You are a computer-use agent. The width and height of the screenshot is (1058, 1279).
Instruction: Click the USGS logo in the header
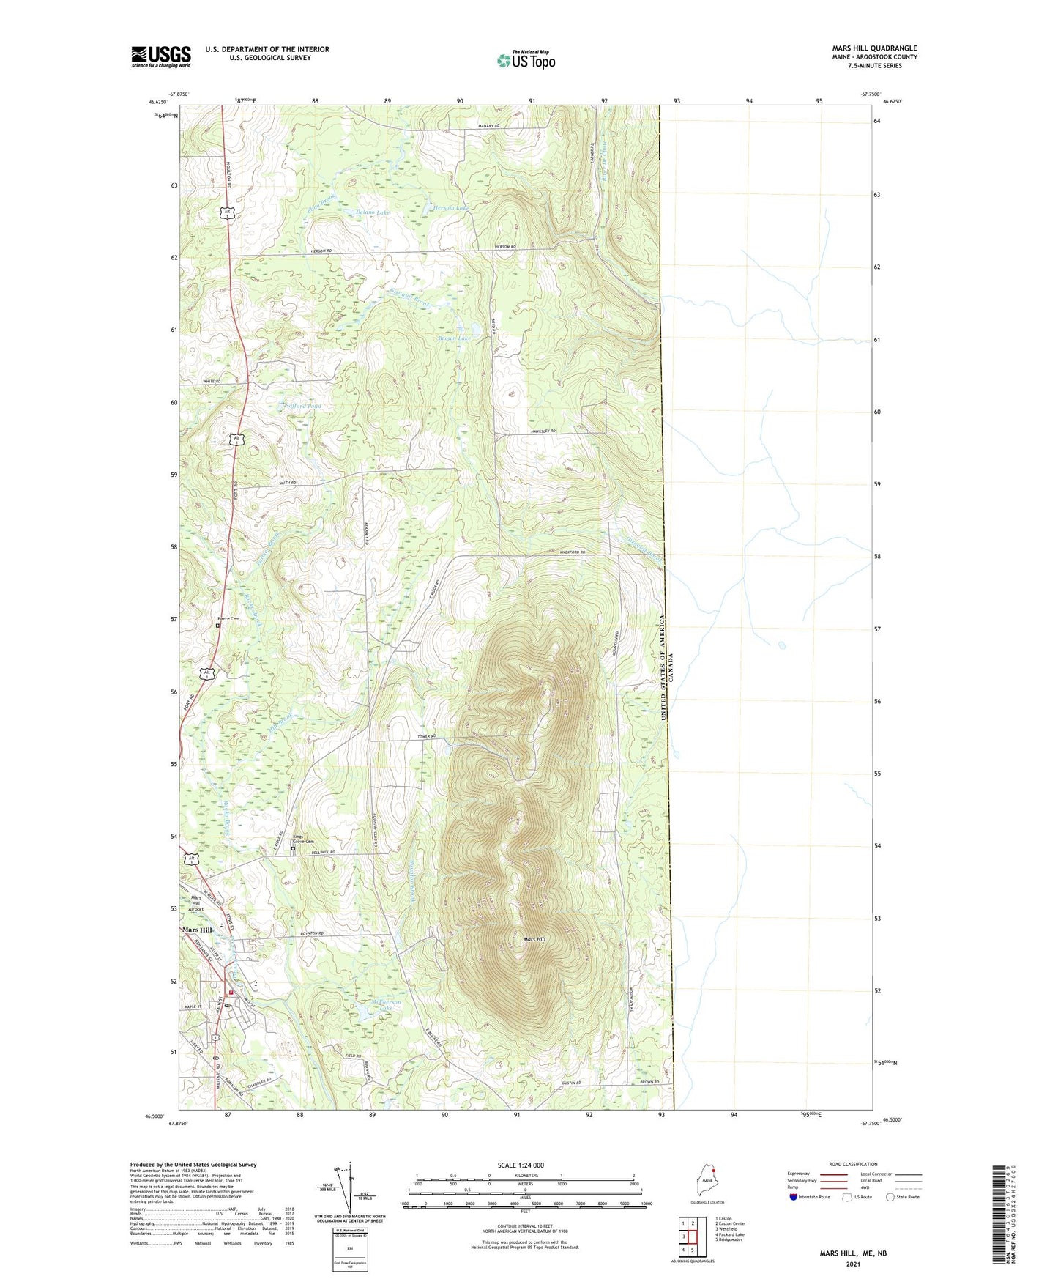point(161,56)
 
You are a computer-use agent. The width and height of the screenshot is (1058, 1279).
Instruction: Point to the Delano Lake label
point(373,212)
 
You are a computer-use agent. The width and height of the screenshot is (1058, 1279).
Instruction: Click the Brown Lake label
point(454,338)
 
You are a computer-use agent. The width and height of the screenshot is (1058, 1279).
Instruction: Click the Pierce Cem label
point(228,619)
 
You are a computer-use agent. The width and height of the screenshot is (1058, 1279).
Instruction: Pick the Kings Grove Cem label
point(303,840)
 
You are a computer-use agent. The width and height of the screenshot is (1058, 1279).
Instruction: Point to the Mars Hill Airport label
point(196,903)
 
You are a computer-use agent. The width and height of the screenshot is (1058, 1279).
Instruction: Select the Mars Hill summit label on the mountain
point(534,939)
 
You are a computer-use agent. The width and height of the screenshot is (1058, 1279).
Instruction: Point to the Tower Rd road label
point(427,736)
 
